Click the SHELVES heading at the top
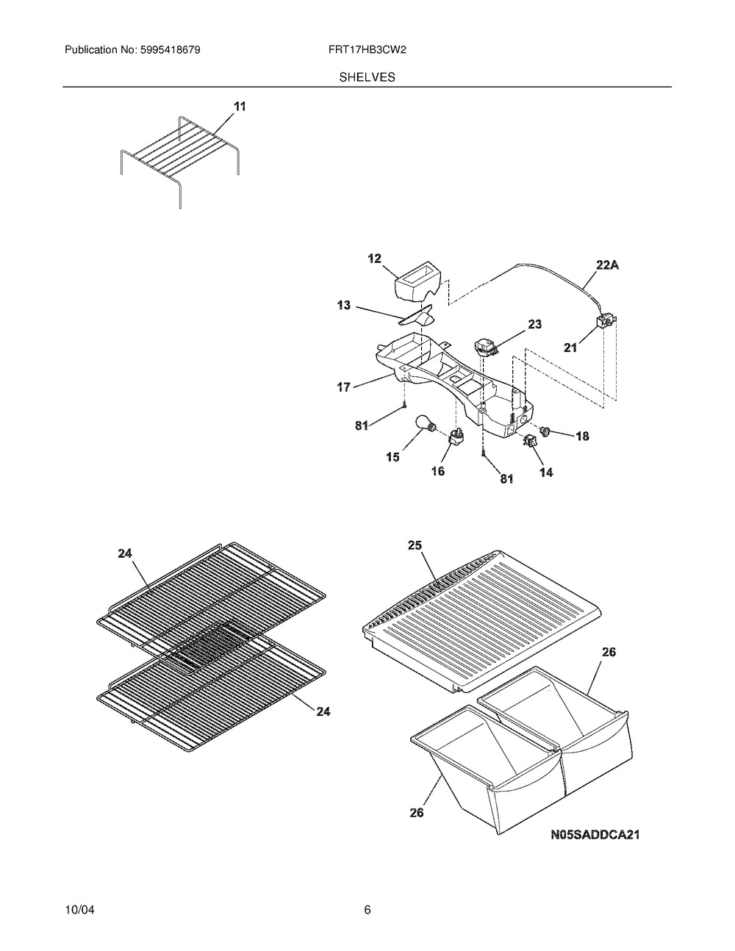click(x=367, y=76)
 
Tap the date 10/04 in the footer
click(x=80, y=911)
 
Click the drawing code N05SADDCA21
click(x=594, y=835)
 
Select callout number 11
click(x=240, y=107)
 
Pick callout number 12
click(x=375, y=258)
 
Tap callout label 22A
click(x=606, y=266)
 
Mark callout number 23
click(x=534, y=324)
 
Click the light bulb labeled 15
click(x=425, y=424)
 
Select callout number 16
click(x=437, y=472)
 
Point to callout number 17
click(x=343, y=387)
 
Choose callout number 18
click(x=581, y=437)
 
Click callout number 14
click(x=546, y=473)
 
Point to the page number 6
click(x=367, y=911)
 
